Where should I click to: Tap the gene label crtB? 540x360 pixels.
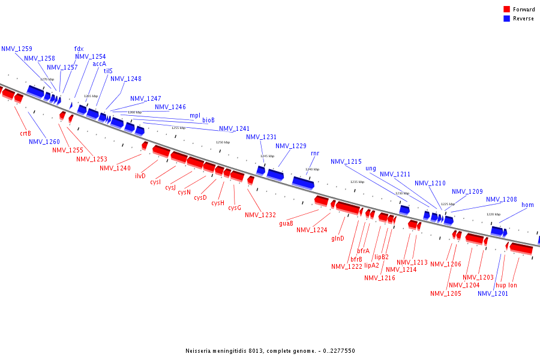coord(25,133)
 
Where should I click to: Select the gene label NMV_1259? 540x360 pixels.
coord(17,49)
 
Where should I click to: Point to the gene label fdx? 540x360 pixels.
coord(79,49)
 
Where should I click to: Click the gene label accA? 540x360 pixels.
coord(100,64)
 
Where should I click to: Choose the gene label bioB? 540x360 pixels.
coord(208,120)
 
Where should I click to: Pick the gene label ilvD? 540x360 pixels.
coord(140,176)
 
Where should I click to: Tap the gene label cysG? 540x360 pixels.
coord(235,208)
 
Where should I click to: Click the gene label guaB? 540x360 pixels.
coord(286,223)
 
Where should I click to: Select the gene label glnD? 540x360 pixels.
coord(338,238)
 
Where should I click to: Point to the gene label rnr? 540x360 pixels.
coord(315,153)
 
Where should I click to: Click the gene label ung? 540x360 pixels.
coord(371,168)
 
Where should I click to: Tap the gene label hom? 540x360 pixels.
coord(527,205)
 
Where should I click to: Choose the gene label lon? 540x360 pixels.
coord(513,285)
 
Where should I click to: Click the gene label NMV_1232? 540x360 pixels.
coord(260,215)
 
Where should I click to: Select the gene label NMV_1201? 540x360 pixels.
coord(493,293)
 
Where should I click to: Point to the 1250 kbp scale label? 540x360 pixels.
coord(223,142)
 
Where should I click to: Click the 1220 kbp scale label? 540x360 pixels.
coord(493,214)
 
